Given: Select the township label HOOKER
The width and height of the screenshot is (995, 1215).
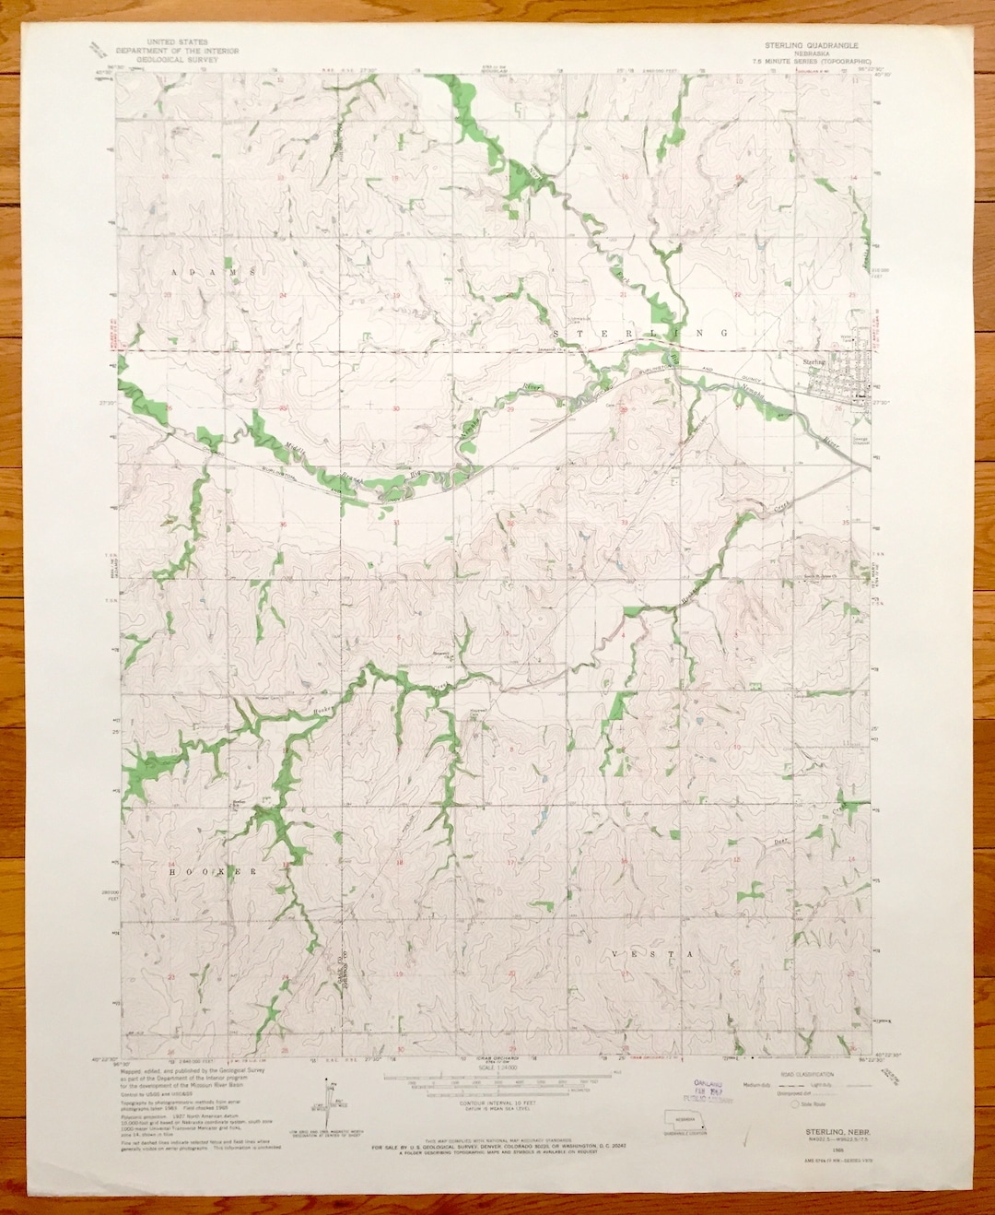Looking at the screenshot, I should pyautogui.click(x=211, y=870).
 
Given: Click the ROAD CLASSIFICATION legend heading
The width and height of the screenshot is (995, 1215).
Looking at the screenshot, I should pyautogui.click(x=811, y=1075).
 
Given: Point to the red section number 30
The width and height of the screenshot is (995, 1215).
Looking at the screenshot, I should pyautogui.click(x=396, y=407).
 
